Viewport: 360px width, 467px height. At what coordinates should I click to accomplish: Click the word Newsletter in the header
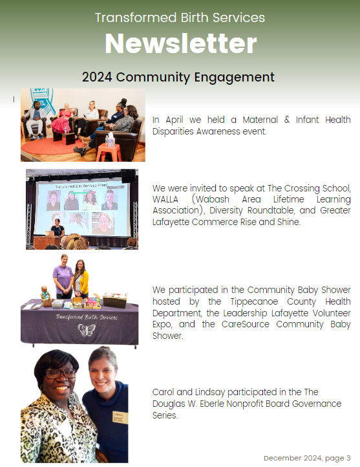[180, 43]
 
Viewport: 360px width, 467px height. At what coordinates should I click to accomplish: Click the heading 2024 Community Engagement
[178, 77]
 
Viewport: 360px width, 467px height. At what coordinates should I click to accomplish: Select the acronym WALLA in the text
[165, 199]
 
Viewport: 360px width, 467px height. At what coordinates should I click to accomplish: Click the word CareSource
[245, 324]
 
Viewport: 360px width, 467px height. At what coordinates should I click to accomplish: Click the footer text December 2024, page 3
[307, 458]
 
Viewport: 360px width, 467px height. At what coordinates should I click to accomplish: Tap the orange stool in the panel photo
[109, 153]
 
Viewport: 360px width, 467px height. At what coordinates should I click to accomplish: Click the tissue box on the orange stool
[111, 140]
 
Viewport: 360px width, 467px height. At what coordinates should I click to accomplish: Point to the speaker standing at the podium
[58, 228]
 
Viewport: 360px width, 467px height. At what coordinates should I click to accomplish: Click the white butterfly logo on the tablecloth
[86, 330]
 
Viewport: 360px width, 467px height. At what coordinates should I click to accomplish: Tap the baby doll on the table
[45, 294]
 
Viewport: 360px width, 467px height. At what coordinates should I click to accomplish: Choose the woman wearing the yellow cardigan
[81, 279]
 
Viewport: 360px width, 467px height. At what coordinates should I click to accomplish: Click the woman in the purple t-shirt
[63, 276]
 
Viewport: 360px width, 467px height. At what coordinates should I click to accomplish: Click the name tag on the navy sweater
[120, 418]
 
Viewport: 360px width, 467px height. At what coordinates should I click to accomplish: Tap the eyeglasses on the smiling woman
[60, 373]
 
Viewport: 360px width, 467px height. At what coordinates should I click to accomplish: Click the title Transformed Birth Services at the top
[180, 17]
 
